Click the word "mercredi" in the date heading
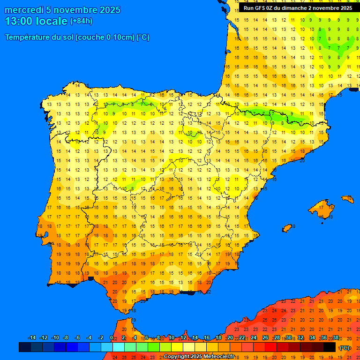click(24, 10)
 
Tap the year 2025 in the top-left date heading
click(109, 10)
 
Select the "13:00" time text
click(19, 21)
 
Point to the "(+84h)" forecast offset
click(81, 21)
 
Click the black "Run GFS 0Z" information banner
click(298, 8)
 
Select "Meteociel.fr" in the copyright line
click(216, 357)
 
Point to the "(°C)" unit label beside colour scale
click(345, 348)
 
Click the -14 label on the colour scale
click(32, 338)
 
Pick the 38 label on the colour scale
click(336, 338)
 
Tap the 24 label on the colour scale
click(253, 338)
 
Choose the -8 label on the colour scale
click(66, 338)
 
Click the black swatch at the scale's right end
click(330, 347)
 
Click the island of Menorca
click(348, 199)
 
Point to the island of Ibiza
click(287, 228)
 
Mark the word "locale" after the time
click(52, 21)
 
